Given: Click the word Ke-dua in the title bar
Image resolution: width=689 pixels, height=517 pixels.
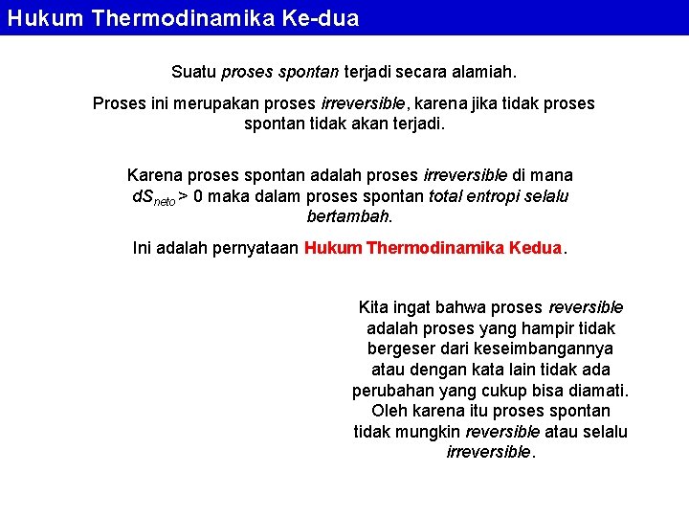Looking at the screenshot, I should (321, 18).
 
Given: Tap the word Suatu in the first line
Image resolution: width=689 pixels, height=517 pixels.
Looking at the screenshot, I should (193, 72).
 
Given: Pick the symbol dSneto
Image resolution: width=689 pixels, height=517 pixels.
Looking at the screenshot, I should (151, 197).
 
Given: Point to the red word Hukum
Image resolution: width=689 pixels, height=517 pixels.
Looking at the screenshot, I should (333, 248).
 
